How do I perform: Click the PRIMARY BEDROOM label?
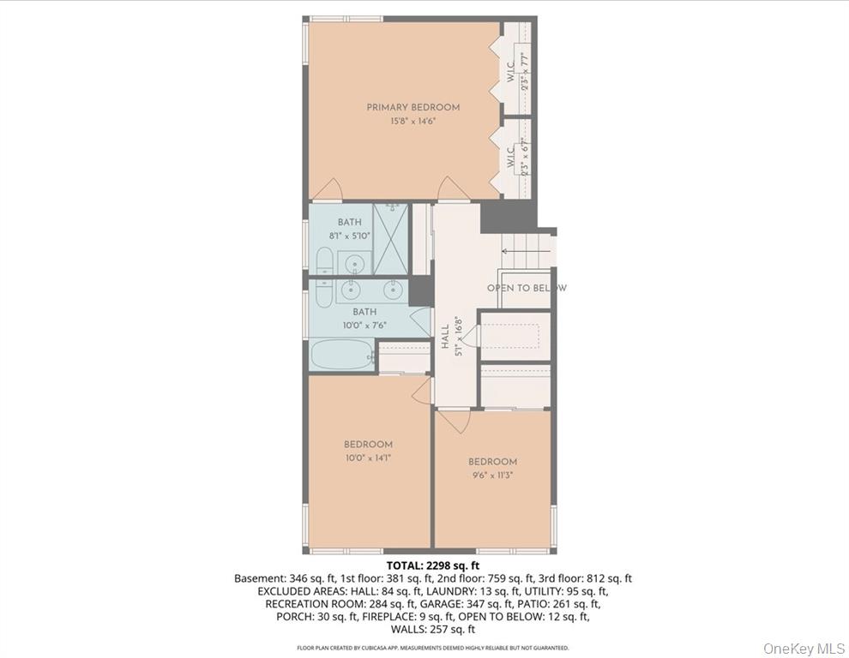coord(412,107)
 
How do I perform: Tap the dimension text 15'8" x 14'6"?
coord(412,121)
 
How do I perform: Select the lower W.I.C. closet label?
coord(510,156)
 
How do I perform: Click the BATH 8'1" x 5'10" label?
coord(349,229)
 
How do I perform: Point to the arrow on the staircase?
coord(515,251)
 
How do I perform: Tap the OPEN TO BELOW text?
coord(526,288)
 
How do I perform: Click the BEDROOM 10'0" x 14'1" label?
coord(368,451)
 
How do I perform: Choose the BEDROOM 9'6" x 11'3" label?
coord(492,468)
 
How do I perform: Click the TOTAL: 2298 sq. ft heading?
coord(432,565)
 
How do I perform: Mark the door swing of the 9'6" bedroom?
coord(454,420)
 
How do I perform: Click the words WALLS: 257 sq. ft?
coord(432,629)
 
